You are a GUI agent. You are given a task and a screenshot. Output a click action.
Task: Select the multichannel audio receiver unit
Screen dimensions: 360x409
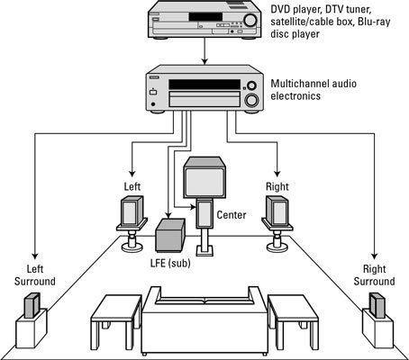[x=202, y=89]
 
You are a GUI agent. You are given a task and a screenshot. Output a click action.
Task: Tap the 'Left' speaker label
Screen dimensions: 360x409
[x=132, y=186]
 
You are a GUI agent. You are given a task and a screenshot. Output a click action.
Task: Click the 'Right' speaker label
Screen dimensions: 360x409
[x=277, y=186]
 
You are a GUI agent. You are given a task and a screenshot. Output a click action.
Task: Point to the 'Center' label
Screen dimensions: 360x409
[x=233, y=216]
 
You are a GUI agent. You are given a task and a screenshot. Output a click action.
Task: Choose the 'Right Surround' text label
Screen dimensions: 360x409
[x=377, y=274]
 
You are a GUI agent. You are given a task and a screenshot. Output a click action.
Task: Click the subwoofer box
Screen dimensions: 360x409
[x=170, y=234]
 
